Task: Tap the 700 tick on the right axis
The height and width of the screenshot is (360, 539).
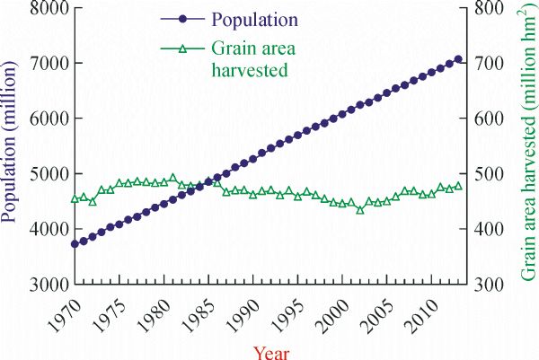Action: click(486, 63)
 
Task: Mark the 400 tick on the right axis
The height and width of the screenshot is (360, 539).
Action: click(486, 229)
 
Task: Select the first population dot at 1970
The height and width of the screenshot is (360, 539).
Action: click(75, 243)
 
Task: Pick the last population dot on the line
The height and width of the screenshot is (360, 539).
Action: click(459, 59)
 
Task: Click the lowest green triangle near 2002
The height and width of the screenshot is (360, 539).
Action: click(360, 209)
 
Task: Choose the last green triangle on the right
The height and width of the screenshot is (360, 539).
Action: click(459, 186)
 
